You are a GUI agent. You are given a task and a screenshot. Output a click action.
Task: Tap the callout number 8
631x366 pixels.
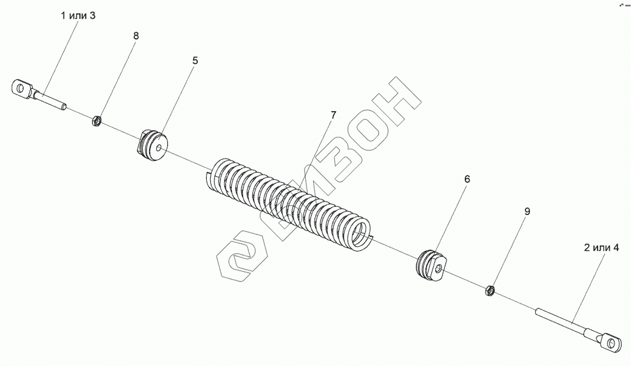click(136, 36)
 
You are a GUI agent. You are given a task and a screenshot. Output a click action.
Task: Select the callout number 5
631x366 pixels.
click(195, 61)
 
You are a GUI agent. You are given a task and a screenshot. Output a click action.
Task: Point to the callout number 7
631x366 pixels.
click(333, 115)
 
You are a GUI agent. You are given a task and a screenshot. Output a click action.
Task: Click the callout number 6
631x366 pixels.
click(467, 179)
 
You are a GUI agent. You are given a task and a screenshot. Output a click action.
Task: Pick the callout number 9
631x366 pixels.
click(527, 212)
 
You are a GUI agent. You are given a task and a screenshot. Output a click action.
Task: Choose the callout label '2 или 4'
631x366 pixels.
click(601, 248)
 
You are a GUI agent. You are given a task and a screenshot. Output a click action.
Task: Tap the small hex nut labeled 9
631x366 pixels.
click(491, 290)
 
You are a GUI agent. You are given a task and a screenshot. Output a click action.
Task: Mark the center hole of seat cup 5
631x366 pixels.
click(160, 149)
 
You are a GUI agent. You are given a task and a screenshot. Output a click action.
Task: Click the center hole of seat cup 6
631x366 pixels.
click(438, 268)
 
